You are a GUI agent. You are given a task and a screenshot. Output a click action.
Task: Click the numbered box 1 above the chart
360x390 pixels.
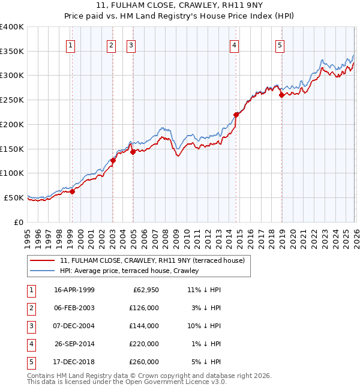pyautogui.click(x=71, y=45)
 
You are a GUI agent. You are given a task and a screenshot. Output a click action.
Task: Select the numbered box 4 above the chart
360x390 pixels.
pyautogui.click(x=235, y=45)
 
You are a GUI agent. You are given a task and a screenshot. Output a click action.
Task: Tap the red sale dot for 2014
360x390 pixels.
pyautogui.click(x=236, y=115)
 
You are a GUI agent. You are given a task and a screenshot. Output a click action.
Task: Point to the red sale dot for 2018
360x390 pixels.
pyautogui.click(x=281, y=95)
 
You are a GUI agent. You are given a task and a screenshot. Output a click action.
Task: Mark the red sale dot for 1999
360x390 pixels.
pyautogui.click(x=72, y=191)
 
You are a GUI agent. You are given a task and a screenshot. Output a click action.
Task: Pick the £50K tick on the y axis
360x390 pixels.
pyautogui.click(x=14, y=197)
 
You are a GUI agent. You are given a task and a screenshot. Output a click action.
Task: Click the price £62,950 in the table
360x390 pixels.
pyautogui.click(x=144, y=290)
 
